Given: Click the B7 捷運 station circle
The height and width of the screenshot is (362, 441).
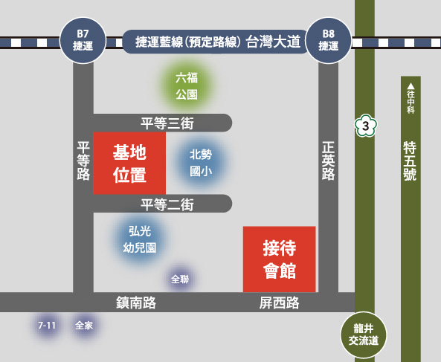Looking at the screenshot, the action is [83, 40].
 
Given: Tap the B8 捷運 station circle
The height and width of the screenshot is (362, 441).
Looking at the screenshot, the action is [329, 40].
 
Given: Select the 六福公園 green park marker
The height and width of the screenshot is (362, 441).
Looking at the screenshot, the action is [187, 85].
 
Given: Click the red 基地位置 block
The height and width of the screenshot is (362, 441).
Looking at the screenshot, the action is [129, 163].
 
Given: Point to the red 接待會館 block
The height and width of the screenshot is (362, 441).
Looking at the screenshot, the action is [280, 259].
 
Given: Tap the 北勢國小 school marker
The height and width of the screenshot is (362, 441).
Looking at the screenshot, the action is [201, 163].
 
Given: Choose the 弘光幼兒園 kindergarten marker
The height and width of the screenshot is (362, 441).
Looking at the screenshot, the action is [140, 239].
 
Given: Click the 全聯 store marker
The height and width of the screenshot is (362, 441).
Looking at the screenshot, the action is [180, 279].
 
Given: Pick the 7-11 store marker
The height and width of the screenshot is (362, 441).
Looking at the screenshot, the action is [47, 326].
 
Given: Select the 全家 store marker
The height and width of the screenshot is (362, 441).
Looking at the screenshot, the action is [84, 326].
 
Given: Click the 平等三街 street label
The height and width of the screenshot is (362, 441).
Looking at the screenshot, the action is [167, 123].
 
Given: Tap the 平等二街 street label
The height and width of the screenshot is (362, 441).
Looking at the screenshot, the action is [167, 204].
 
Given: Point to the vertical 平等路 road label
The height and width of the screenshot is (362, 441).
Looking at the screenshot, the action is [83, 161].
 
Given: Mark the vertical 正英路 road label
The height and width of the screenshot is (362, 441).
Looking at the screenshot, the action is [328, 161].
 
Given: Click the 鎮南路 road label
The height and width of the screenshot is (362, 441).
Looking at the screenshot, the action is [136, 303].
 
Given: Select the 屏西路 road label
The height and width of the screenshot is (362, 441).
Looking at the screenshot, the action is [280, 303].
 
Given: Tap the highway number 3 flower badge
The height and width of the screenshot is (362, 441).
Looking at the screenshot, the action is [365, 126].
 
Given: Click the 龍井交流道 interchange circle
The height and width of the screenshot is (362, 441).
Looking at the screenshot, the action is [364, 334].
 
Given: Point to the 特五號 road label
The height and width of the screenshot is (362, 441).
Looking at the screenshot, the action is [410, 161].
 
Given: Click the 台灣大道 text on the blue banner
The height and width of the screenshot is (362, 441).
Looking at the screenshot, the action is [273, 42].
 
